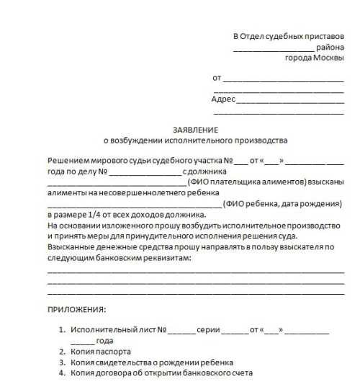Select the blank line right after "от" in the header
[x=284, y=79]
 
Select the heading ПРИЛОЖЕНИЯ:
[x=76, y=309]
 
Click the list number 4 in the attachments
[x=62, y=373]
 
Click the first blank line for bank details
[x=195, y=272]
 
